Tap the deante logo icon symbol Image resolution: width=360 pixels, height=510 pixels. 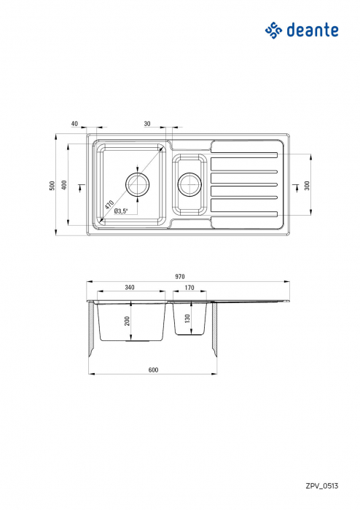tap(273, 30)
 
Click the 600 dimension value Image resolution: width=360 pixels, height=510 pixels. tap(153, 370)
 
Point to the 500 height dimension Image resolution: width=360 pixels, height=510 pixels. tap(52, 186)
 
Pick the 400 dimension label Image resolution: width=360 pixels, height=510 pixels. tap(65, 186)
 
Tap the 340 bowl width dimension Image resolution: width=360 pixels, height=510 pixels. tap(130, 288)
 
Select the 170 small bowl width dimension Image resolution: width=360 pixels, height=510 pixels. tap(189, 288)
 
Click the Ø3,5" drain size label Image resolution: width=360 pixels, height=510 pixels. tap(121, 211)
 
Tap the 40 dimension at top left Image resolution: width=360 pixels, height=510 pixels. tap(74, 124)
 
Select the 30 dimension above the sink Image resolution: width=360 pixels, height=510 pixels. tap(147, 124)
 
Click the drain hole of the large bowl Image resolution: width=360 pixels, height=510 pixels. tap(136, 185)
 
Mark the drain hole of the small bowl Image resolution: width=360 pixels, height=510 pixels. tap(189, 185)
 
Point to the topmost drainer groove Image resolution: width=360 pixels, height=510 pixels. tap(244, 154)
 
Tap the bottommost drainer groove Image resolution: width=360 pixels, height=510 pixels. tap(244, 214)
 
